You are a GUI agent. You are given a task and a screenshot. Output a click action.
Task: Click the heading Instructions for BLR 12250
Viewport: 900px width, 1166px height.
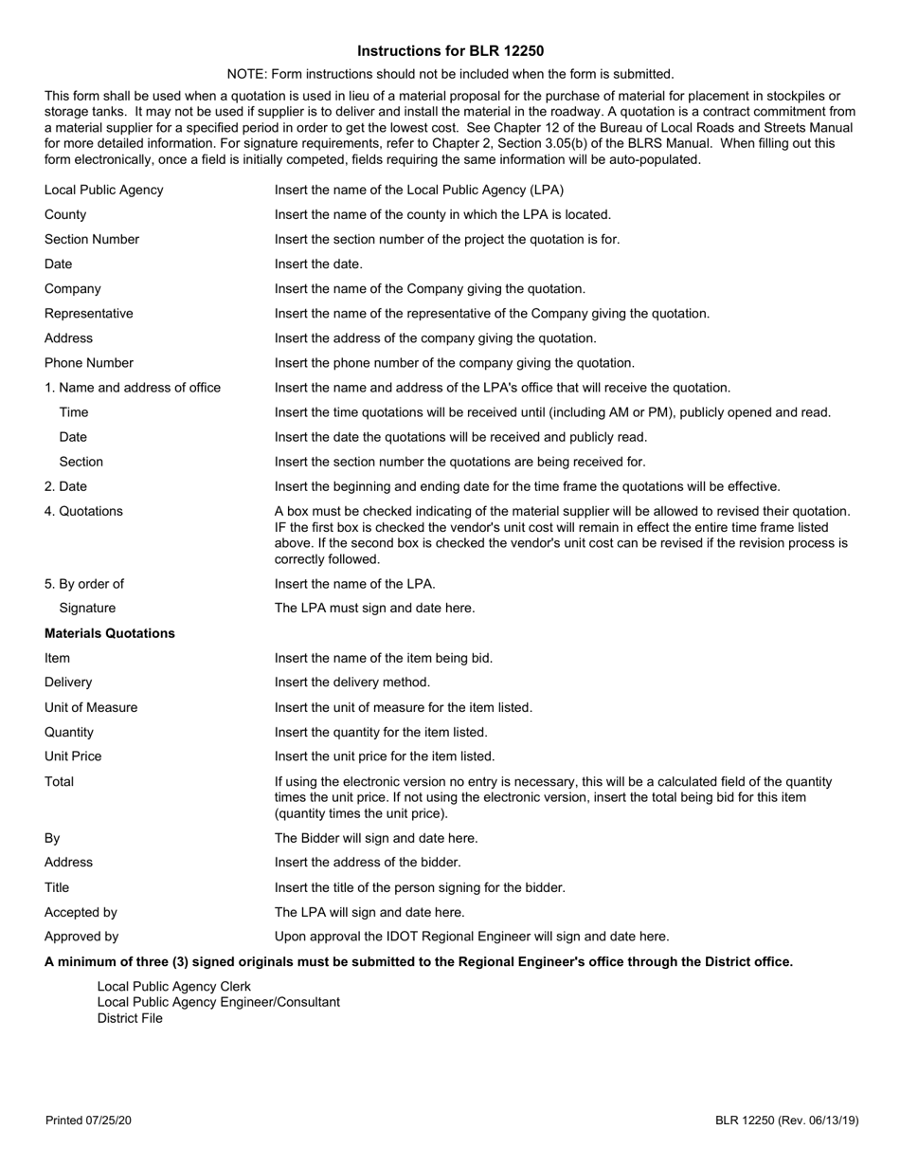pos(451,51)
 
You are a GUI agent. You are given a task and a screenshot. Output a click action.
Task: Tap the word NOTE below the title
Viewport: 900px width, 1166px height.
pos(245,74)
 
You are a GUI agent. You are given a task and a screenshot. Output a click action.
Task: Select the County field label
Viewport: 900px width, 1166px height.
pos(65,214)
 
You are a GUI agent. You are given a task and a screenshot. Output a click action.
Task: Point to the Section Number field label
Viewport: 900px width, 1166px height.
pos(92,239)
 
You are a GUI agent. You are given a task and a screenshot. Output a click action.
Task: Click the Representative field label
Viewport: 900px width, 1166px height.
pos(89,313)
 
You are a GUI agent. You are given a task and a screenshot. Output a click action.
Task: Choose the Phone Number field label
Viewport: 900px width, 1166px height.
pos(89,362)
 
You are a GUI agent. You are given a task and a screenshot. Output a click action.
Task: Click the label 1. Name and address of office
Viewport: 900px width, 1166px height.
pos(133,387)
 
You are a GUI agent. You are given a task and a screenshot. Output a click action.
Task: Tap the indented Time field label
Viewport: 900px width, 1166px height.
pos(74,411)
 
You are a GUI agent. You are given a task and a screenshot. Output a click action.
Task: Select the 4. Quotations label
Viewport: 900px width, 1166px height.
pos(83,511)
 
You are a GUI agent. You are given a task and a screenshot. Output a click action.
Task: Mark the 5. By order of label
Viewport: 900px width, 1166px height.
pos(84,583)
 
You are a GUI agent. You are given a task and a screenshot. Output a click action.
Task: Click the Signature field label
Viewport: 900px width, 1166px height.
pos(87,608)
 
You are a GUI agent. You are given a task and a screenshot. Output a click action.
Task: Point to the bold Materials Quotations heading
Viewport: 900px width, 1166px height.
pos(110,633)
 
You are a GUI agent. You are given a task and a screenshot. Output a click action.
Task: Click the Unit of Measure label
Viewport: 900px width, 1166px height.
pos(91,707)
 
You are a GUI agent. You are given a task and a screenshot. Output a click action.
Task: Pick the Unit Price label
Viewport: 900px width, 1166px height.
pos(73,756)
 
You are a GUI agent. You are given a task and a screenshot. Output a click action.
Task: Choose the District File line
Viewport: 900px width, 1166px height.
pos(130,1018)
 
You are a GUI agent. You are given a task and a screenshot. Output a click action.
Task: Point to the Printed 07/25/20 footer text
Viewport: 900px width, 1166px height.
pos(88,1120)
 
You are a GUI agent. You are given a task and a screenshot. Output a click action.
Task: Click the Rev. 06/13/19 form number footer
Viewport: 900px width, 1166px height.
pos(787,1120)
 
